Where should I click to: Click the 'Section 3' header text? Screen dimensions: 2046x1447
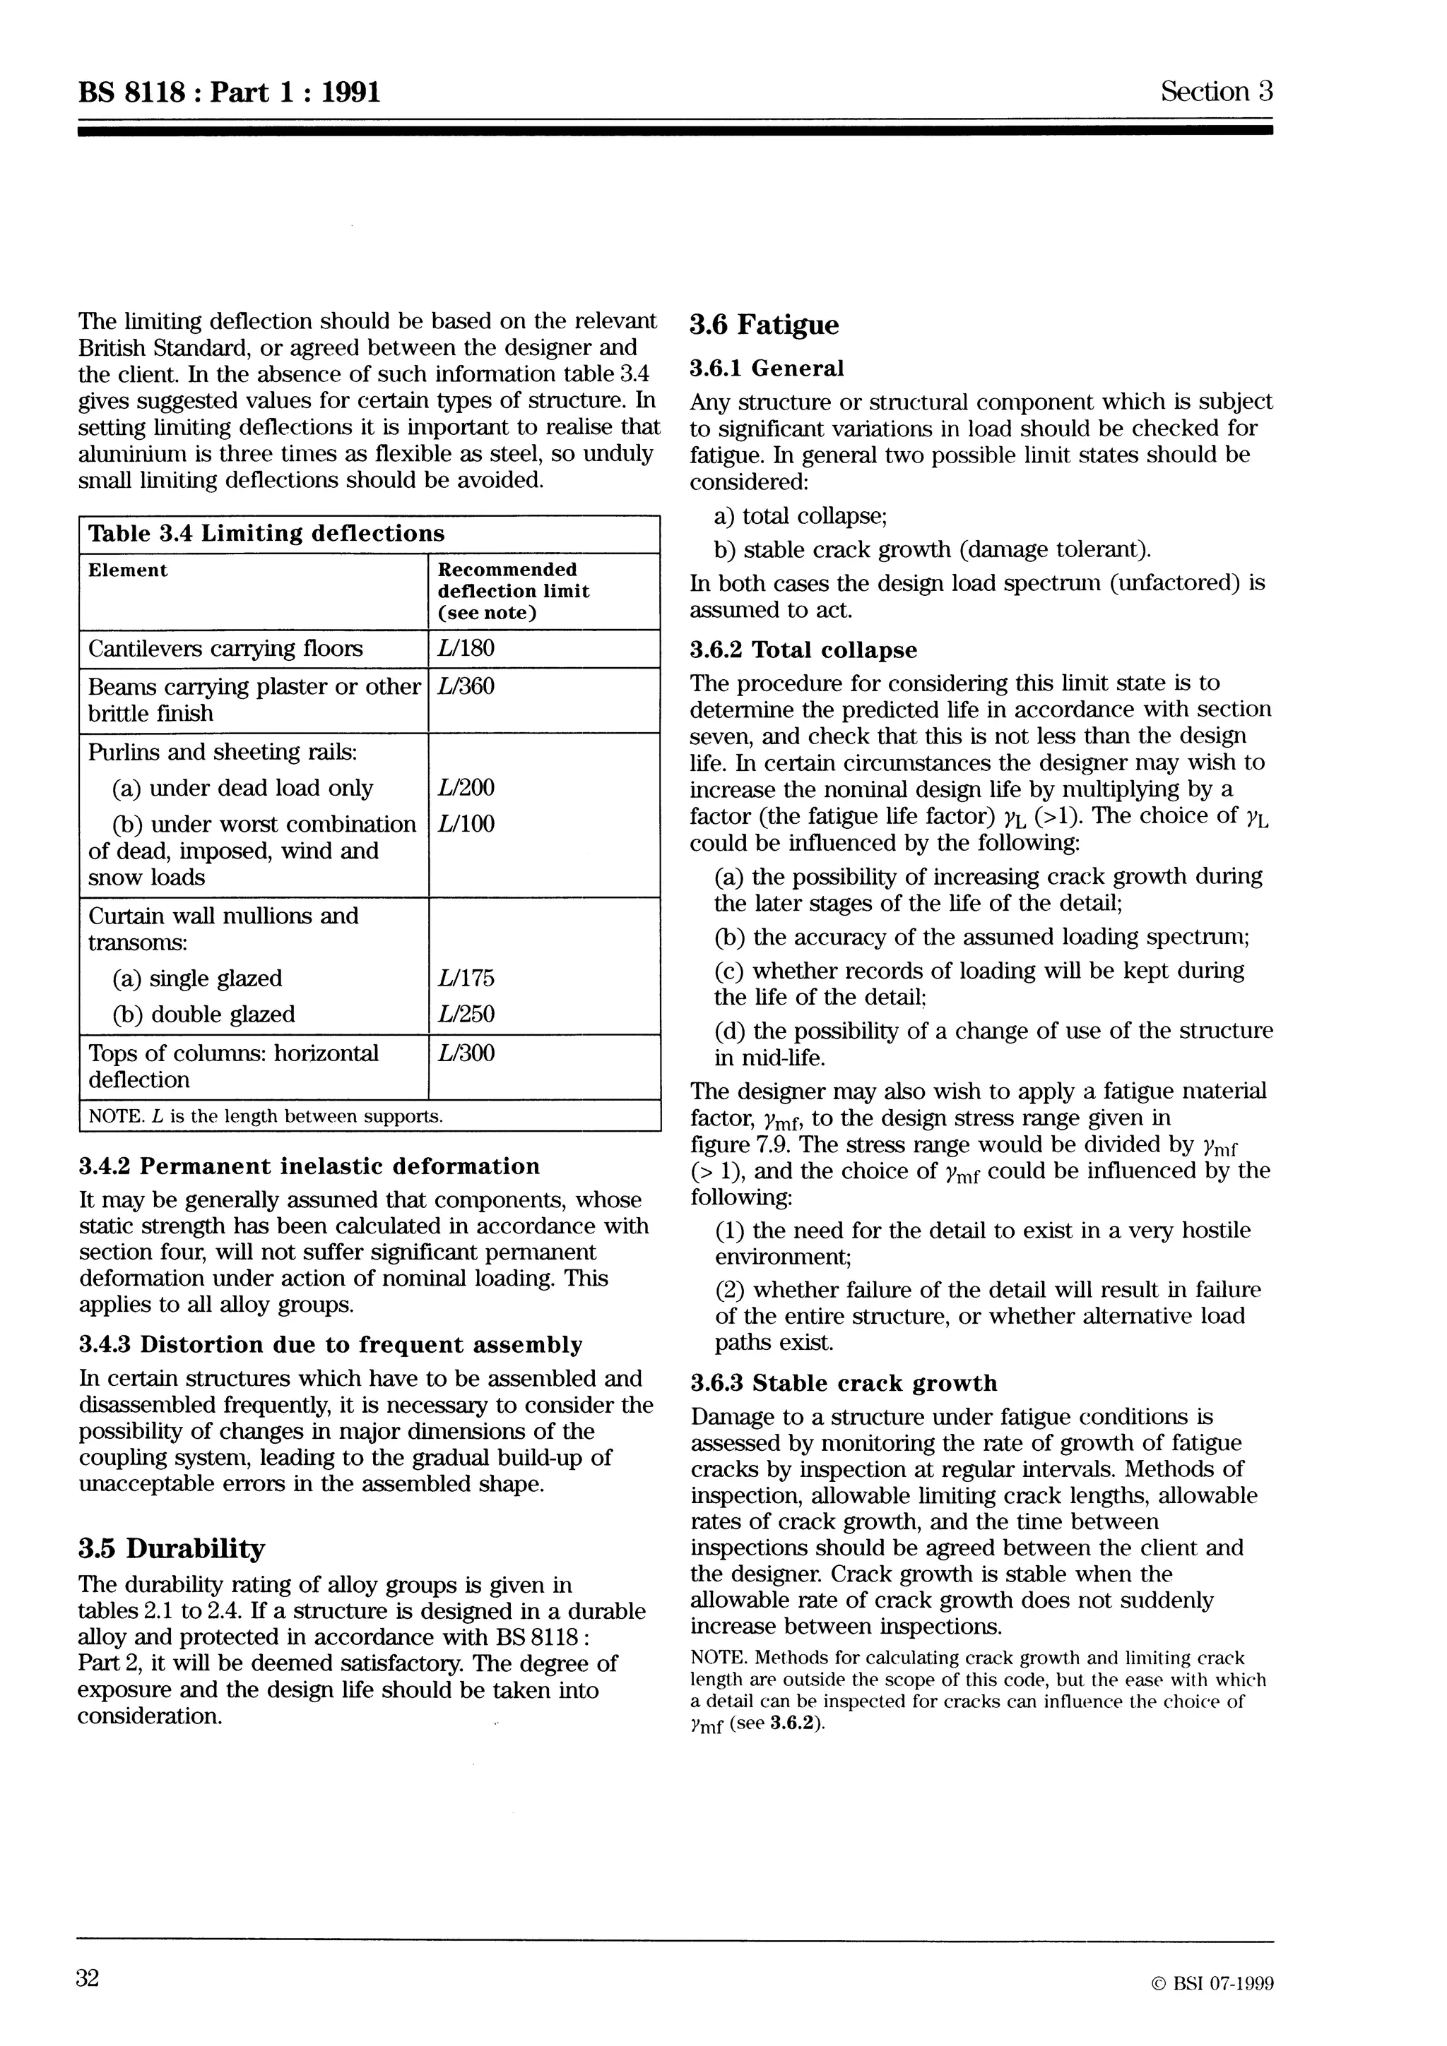[x=1216, y=92]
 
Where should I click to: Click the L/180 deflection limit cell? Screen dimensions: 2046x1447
[x=466, y=648]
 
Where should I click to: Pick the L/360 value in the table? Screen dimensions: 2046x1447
[x=466, y=686]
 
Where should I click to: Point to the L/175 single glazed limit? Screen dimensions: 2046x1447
[x=466, y=979]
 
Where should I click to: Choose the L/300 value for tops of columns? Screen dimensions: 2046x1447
[x=466, y=1053]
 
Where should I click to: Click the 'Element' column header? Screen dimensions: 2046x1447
[x=127, y=570]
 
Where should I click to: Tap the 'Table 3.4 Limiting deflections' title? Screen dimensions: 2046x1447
[x=266, y=534]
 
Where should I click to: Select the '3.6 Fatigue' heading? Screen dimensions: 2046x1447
[x=764, y=325]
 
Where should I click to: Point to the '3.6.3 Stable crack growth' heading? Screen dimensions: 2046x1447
[x=844, y=1383]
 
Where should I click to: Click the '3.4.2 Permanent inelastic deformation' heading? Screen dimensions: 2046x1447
[x=309, y=1166]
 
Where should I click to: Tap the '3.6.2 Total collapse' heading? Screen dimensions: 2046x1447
[x=803, y=650]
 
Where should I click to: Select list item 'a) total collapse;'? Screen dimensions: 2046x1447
[x=800, y=516]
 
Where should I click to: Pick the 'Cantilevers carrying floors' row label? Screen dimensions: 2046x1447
[x=225, y=648]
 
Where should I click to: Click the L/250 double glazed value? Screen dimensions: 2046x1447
[x=466, y=1014]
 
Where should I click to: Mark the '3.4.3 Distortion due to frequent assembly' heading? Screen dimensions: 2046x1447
[x=330, y=1345]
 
